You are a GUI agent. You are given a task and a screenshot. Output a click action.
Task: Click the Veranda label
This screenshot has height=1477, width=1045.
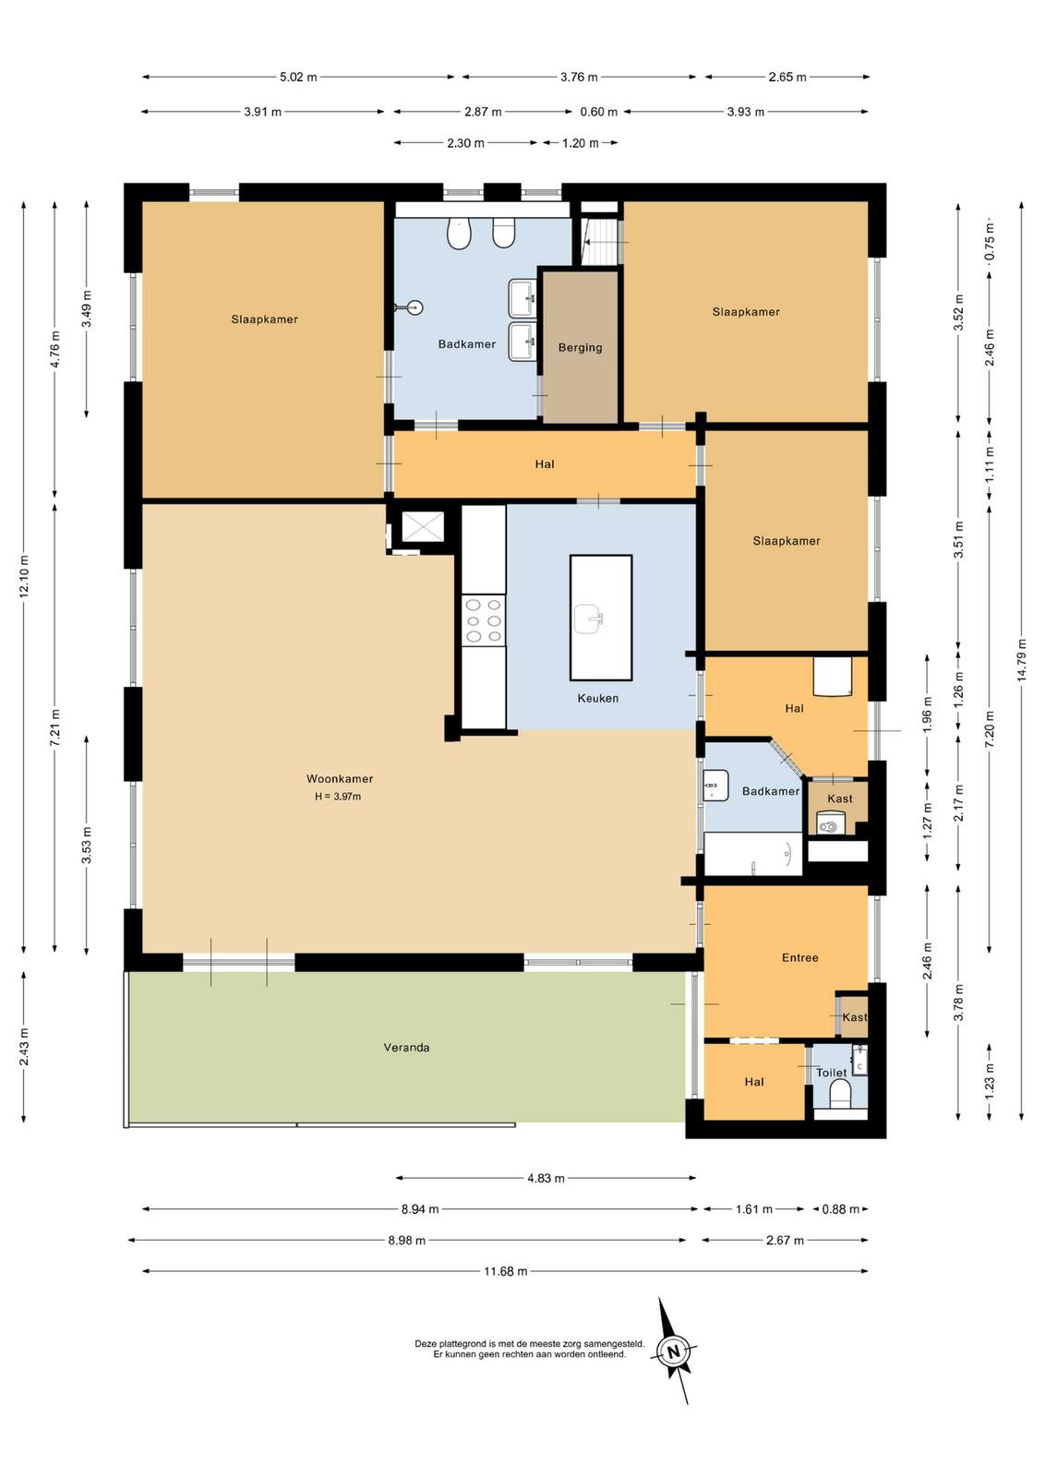pyautogui.click(x=406, y=1047)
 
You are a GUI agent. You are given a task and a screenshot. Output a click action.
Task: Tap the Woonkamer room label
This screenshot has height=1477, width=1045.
pyautogui.click(x=340, y=779)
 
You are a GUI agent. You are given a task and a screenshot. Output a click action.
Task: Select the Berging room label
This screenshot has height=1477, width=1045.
pyautogui.click(x=580, y=347)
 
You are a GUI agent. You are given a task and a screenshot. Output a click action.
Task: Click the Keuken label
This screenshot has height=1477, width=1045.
pyautogui.click(x=598, y=698)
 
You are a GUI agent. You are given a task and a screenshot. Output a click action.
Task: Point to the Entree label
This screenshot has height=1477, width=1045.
pyautogui.click(x=799, y=957)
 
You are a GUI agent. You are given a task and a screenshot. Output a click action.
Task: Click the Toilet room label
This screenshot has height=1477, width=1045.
pyautogui.click(x=832, y=1073)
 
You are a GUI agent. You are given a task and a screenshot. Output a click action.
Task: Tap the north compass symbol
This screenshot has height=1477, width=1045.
pyautogui.click(x=673, y=1351)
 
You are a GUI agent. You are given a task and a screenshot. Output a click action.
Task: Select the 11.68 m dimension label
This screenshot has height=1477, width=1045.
pyautogui.click(x=506, y=1271)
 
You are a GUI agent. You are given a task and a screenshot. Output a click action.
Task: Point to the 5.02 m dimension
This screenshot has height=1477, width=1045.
pyautogui.click(x=298, y=78)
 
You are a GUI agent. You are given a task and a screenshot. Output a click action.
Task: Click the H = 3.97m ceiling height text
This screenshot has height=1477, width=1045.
pyautogui.click(x=338, y=797)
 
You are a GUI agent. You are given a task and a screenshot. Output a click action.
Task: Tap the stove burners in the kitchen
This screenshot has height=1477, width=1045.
pyautogui.click(x=484, y=620)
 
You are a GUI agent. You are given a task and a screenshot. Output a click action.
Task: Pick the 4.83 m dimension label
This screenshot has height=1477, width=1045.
pyautogui.click(x=546, y=1178)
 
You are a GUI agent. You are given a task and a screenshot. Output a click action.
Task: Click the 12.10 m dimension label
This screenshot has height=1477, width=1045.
pyautogui.click(x=24, y=577)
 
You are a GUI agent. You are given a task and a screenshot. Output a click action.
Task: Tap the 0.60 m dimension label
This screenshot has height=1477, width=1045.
pyautogui.click(x=598, y=112)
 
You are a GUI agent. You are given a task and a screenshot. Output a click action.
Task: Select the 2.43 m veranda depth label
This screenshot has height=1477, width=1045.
pyautogui.click(x=24, y=1047)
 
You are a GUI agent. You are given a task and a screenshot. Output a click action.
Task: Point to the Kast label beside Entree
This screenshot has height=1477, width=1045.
pyautogui.click(x=855, y=1017)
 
